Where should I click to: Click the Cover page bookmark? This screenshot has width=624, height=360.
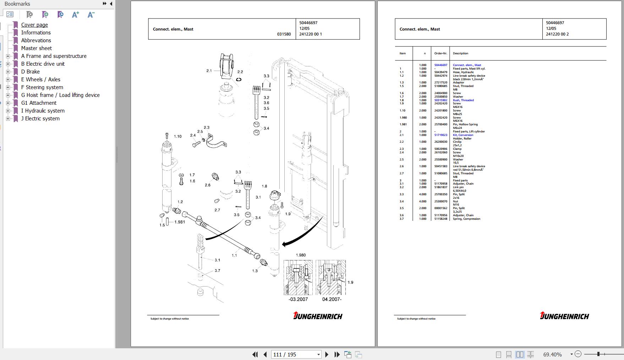pos(34,25)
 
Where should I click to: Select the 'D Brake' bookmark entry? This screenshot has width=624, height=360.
pos(30,72)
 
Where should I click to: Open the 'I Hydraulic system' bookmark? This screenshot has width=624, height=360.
pos(43,111)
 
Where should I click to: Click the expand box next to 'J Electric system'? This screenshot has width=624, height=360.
pos(8,119)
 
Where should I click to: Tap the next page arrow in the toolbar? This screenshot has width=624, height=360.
pos(327,354)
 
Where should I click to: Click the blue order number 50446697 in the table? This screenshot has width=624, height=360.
pos(440,65)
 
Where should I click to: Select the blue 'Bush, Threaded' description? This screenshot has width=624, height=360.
pos(463,100)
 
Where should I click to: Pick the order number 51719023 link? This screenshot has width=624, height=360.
pos(440,135)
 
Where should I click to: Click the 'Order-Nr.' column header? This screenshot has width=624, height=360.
pos(440,53)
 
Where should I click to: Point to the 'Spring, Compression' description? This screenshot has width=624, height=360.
pos(466,219)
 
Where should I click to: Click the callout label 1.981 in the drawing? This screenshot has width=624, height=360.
pos(180,222)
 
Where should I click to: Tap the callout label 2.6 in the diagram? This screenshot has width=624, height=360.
pos(208,185)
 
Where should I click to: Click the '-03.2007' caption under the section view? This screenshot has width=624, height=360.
pos(298,299)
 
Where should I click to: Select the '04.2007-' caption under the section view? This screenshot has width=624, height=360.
pos(332,299)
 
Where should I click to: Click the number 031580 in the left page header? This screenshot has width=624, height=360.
pos(284,34)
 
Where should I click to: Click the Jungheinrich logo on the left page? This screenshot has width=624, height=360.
pos(318,316)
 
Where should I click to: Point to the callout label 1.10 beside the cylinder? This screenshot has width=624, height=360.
pos(177,136)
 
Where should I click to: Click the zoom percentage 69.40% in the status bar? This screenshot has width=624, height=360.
pos(552,354)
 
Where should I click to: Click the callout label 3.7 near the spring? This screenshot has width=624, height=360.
pos(217,271)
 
